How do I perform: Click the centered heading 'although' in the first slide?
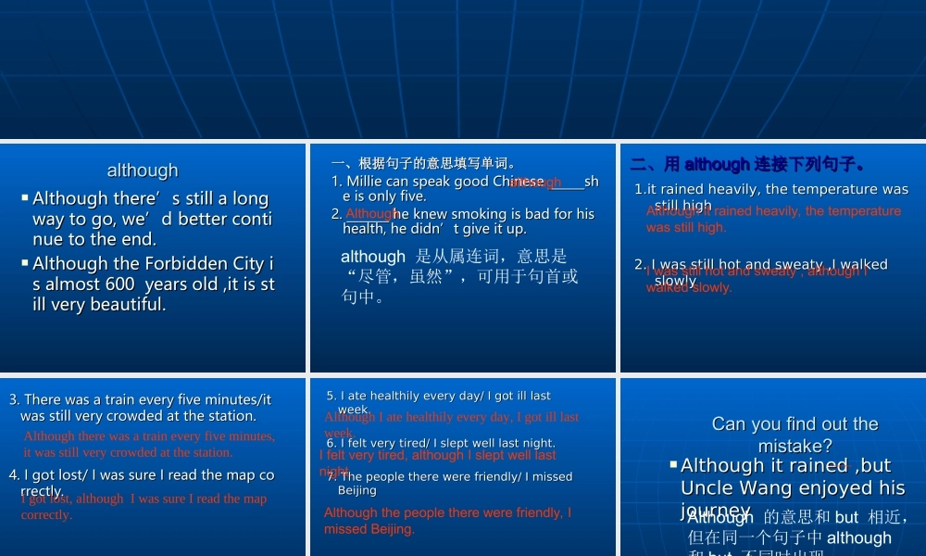pos(143,171)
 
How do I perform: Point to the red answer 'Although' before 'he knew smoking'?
pos(370,214)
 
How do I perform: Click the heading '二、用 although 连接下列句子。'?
pos(747,165)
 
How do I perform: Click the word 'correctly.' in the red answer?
pos(46,515)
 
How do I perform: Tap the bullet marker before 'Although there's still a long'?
pos(25,197)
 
